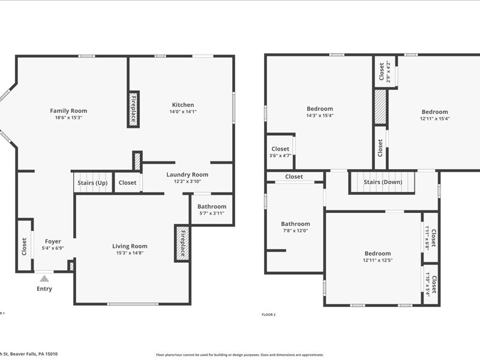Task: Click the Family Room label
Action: (x=68, y=110)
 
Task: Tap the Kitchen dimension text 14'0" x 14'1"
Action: (x=183, y=112)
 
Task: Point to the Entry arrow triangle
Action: (x=44, y=278)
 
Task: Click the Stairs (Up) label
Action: (x=92, y=182)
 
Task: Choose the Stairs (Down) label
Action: (x=383, y=182)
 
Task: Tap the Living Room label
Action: (x=130, y=246)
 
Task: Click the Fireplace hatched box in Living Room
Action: (x=182, y=244)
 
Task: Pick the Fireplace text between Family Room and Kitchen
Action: (x=134, y=109)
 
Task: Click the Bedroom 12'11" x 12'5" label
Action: (x=377, y=254)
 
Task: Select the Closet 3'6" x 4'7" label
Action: (x=280, y=149)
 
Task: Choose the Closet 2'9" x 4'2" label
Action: (x=382, y=71)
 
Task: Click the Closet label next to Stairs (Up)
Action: (x=127, y=182)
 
